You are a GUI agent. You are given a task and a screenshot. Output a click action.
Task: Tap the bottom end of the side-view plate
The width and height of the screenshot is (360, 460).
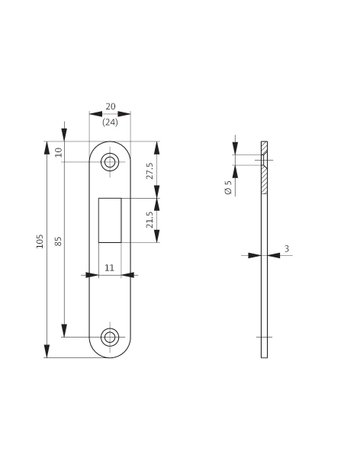(x=264, y=357)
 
